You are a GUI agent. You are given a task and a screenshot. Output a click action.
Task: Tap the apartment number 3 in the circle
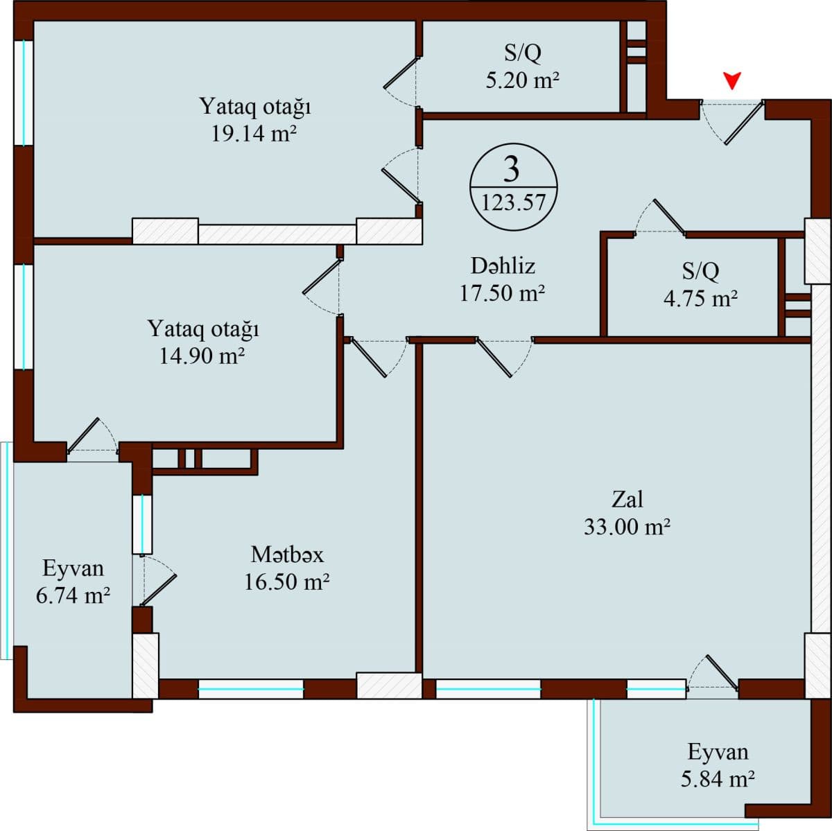click(x=512, y=168)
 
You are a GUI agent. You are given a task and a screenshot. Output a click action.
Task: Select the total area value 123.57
click(x=513, y=203)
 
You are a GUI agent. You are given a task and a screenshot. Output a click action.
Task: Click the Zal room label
click(x=627, y=499)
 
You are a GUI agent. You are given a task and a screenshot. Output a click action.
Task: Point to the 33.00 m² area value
click(x=627, y=527)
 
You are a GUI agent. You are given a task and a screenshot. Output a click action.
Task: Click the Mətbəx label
click(x=287, y=554)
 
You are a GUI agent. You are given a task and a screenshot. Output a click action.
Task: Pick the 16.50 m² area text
click(x=286, y=581)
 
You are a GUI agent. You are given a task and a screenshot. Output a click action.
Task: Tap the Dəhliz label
click(x=503, y=265)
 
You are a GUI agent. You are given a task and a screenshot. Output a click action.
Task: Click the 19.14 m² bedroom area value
click(x=254, y=134)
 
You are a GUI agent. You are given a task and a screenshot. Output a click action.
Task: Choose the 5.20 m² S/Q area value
click(x=523, y=80)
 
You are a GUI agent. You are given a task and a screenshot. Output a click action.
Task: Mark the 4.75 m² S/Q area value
click(x=700, y=299)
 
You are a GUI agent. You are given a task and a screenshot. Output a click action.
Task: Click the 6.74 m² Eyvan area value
click(x=73, y=595)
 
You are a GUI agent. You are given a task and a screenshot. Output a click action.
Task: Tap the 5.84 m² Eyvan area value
click(x=718, y=780)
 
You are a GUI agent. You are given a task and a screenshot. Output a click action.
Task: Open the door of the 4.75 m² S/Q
click(x=662, y=219)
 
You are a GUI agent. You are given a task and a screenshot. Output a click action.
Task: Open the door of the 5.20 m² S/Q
click(x=403, y=78)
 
